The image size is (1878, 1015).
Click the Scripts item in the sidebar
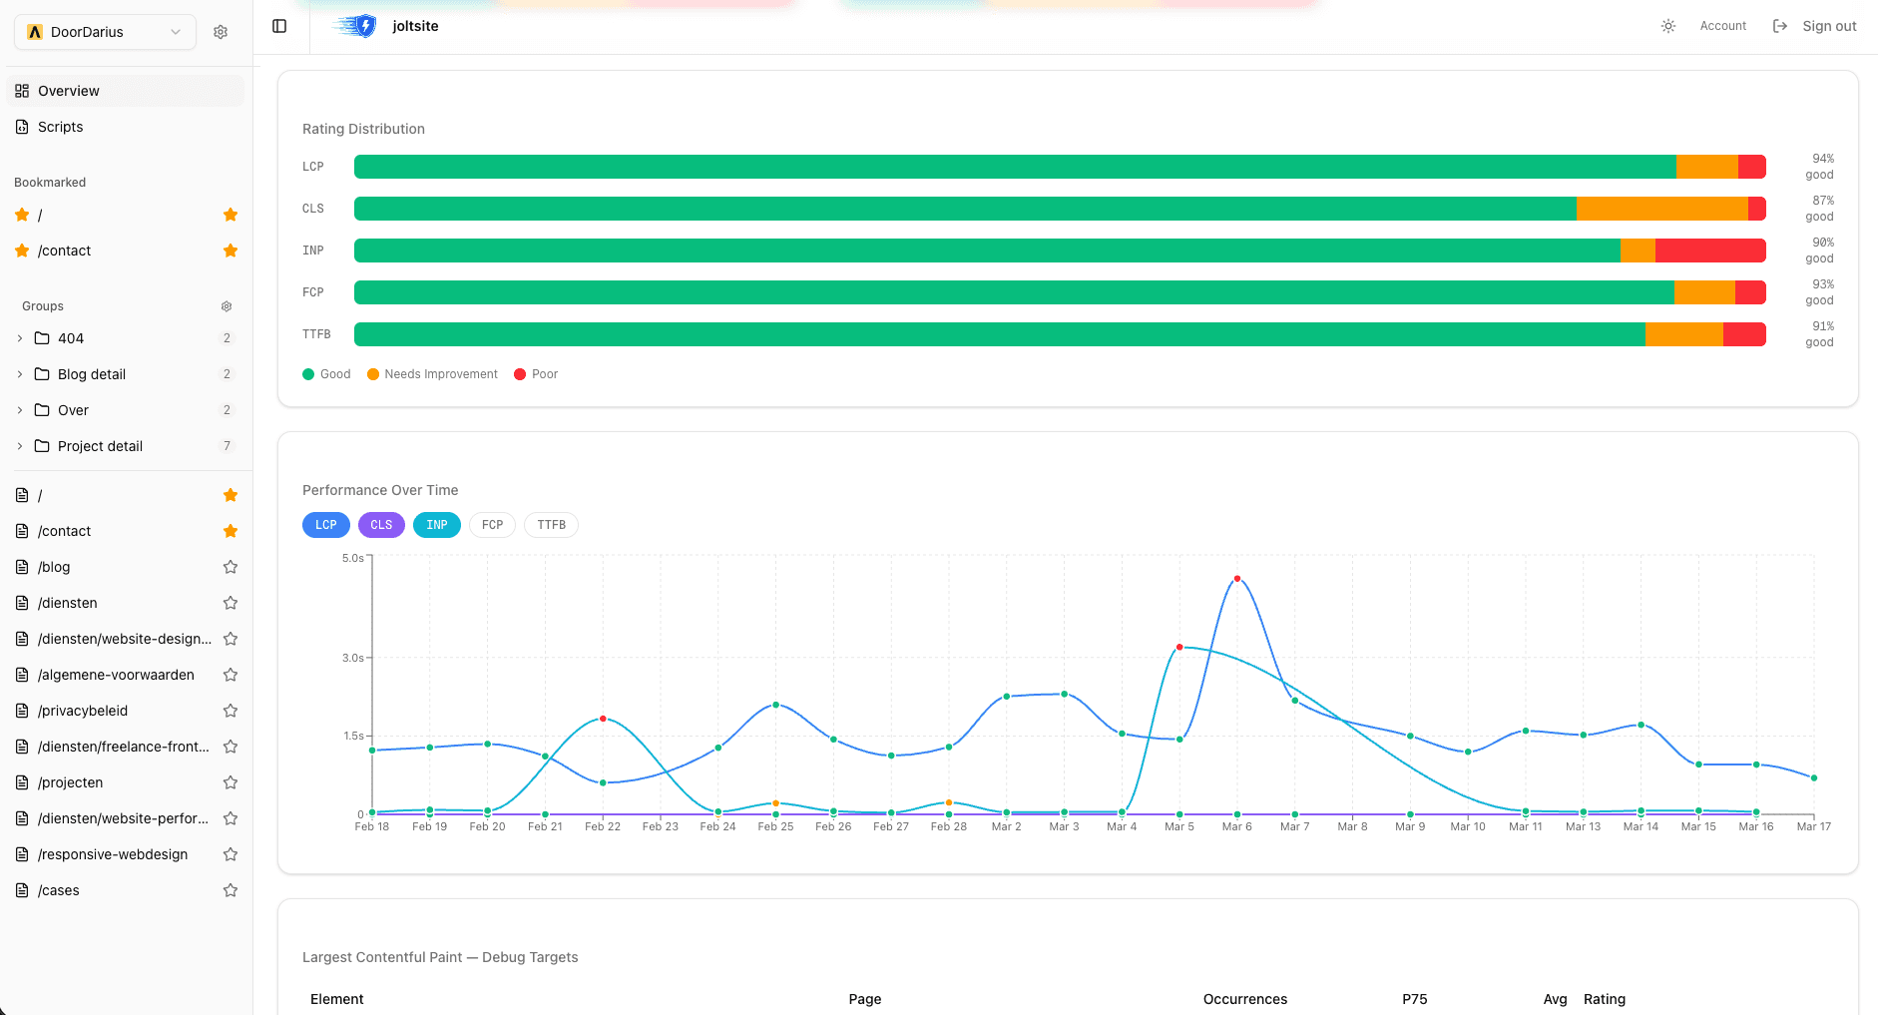[x=60, y=127]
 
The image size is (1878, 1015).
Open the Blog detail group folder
[x=91, y=374]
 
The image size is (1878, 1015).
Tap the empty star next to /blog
[x=231, y=567]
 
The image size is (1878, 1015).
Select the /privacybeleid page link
[x=83, y=711]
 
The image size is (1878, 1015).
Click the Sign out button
[x=1815, y=26]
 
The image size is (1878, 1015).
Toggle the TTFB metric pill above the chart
[x=551, y=525]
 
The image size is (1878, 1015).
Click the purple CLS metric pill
[x=381, y=525]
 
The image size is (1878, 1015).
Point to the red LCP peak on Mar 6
[x=1237, y=579]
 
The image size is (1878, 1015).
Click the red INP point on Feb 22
[x=603, y=719]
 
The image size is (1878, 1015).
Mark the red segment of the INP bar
[x=1709, y=251]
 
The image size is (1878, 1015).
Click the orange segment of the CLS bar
[x=1661, y=209]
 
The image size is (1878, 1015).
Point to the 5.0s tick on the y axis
[x=353, y=558]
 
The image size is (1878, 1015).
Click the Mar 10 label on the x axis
[x=1467, y=826]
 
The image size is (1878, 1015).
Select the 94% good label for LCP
[x=1820, y=167]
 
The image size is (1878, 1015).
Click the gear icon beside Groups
[x=227, y=306]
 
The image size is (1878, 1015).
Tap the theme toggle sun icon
[x=1668, y=26]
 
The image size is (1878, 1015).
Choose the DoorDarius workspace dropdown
[x=105, y=32]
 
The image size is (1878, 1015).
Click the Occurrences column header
[x=1244, y=999]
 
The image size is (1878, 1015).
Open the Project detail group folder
[x=100, y=446]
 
